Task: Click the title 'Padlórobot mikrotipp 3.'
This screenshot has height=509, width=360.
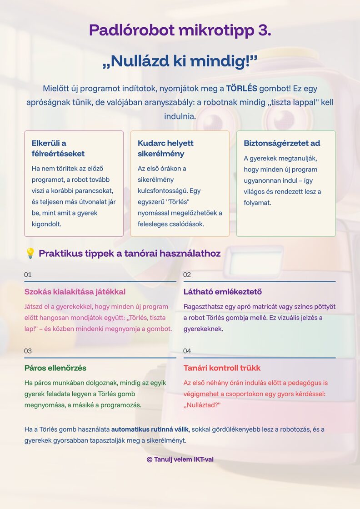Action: click(180, 30)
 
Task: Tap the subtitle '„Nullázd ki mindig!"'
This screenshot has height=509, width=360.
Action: click(180, 61)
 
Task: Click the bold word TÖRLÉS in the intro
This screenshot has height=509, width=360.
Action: click(241, 89)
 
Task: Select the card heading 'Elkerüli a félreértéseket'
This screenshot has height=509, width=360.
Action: click(58, 149)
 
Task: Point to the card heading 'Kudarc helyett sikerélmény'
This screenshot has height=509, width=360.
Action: click(165, 149)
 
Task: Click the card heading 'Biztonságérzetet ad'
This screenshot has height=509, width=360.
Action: click(282, 144)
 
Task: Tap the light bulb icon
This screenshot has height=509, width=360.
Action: click(30, 254)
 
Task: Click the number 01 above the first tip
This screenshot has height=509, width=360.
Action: click(28, 275)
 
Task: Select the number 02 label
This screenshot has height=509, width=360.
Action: click(187, 275)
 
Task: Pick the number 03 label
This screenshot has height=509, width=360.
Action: click(28, 351)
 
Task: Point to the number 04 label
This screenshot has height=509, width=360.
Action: click(187, 351)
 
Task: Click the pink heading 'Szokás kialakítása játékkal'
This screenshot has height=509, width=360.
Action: click(75, 292)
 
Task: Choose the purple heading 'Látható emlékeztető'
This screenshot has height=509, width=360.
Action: click(223, 292)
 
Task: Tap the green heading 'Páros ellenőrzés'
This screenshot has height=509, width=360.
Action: click(55, 368)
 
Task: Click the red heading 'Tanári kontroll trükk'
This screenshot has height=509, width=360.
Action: click(222, 368)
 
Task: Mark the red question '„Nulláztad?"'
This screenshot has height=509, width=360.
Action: click(202, 405)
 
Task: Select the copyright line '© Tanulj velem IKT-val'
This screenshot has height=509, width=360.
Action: click(180, 459)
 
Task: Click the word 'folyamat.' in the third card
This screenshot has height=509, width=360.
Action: click(258, 203)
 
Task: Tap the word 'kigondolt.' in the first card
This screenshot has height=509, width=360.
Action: click(46, 224)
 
